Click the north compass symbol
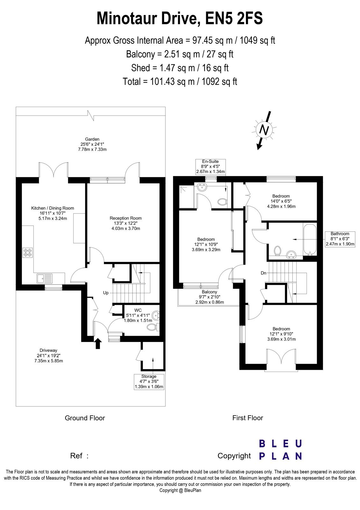264,130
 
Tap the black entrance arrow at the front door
97,343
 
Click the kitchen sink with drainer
45,278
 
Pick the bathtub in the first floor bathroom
309,239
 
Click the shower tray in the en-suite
187,197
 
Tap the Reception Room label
126,223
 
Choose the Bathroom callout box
340,239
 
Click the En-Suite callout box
211,167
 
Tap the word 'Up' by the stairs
106,293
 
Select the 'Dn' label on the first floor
263,273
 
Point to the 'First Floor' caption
248,418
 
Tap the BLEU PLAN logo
280,450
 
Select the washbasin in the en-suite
202,188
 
